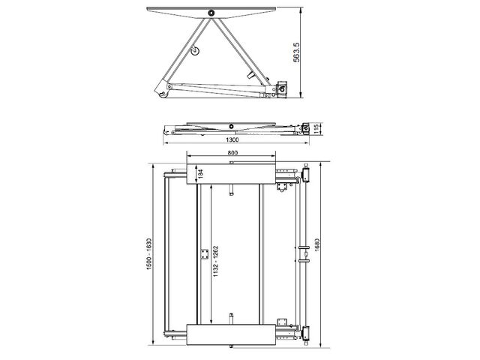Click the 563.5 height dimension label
[296, 52]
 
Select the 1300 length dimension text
[232, 140]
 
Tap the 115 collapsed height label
[317, 128]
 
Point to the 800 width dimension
[232, 152]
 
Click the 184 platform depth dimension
[200, 174]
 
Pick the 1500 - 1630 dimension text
[149, 253]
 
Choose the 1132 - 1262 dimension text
[216, 261]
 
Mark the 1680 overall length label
[316, 245]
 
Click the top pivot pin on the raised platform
[211, 13]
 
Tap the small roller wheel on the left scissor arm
[195, 51]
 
